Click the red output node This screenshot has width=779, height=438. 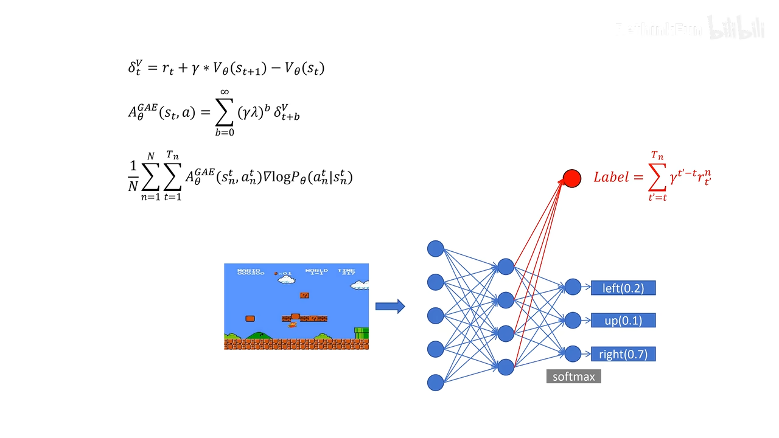point(572,178)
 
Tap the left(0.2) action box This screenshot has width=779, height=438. point(623,288)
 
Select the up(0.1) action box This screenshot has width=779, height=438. point(623,321)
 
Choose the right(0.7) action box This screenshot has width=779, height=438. point(623,354)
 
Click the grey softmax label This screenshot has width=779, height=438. point(573,377)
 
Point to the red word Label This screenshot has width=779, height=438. point(611,177)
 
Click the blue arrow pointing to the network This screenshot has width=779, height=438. point(389,307)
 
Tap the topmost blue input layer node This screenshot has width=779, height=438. point(435,249)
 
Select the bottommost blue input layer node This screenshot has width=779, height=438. point(435,383)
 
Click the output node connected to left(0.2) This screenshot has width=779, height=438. point(573,287)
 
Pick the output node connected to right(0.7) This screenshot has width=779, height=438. point(573,354)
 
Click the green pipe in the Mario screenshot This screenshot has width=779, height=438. point(362,333)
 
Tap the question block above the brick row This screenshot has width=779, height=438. point(304,296)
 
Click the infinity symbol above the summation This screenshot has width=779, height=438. point(225,92)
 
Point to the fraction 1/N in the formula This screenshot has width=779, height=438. point(133,177)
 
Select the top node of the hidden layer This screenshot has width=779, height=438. point(506,266)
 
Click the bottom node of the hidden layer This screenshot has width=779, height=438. point(506,367)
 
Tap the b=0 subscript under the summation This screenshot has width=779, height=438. point(225,133)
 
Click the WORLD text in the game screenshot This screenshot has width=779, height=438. point(316,270)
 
